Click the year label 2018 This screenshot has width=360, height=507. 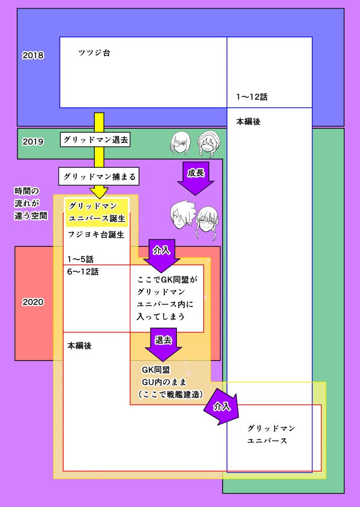coord(33,56)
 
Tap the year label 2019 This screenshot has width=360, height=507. coord(33,142)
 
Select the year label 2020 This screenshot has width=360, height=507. coord(33,302)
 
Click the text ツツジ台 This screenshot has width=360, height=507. coord(94,53)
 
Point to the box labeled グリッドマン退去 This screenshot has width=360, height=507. coord(95,139)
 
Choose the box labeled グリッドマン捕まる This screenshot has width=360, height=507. coord(98,176)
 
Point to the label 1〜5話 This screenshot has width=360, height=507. coord(80,259)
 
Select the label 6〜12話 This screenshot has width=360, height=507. coord(83,272)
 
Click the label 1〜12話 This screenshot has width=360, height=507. coord(251,97)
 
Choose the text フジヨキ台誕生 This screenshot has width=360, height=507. coord(96,235)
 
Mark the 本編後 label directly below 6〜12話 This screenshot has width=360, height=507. coord(79,345)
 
